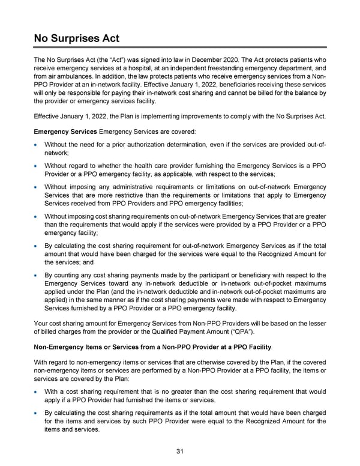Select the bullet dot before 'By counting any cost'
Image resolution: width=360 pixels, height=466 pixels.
point(38,275)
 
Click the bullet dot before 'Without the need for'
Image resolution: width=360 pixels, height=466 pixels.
point(38,145)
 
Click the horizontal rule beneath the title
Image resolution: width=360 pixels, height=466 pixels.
point(180,48)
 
